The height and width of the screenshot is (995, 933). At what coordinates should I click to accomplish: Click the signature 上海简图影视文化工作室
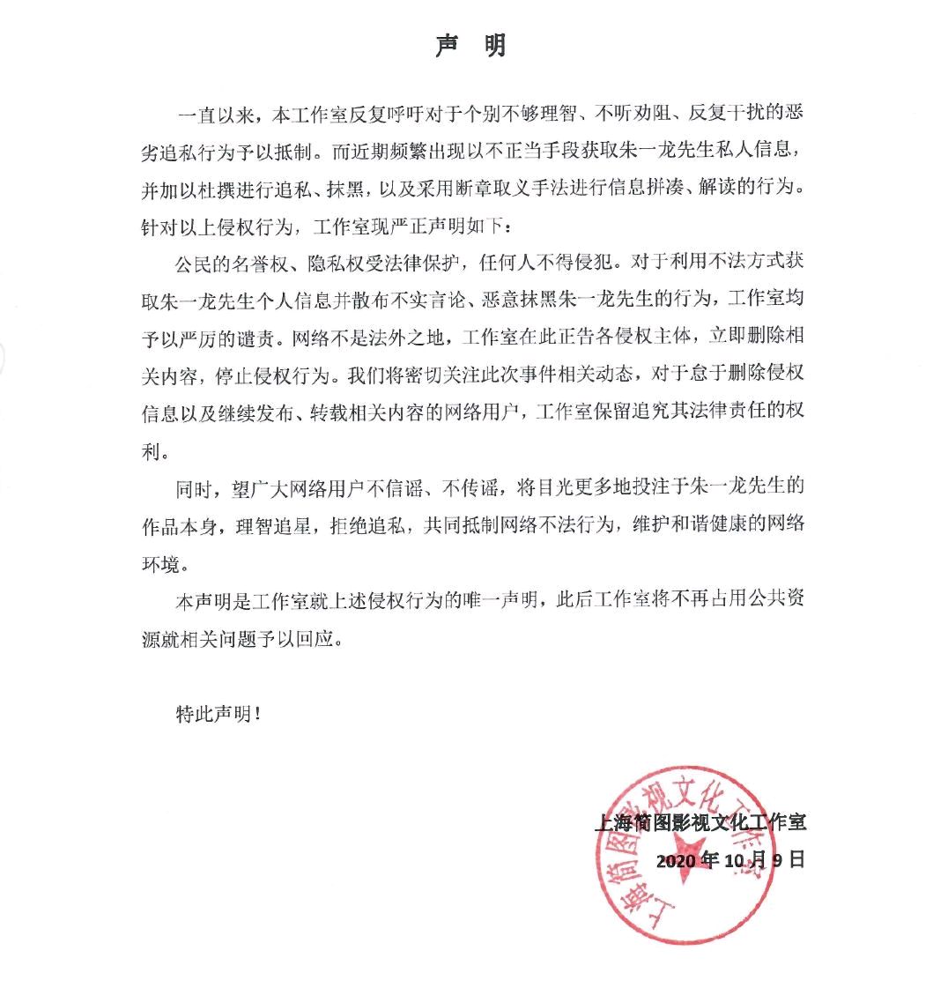[x=700, y=823]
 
